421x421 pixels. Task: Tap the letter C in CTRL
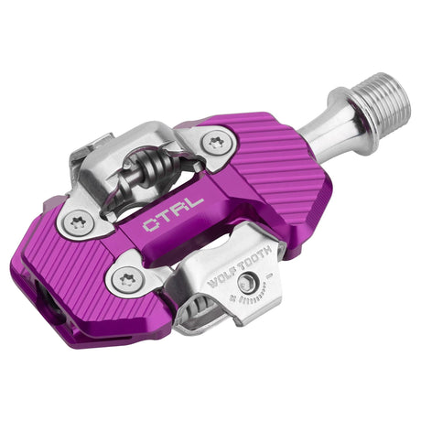coord(150,226)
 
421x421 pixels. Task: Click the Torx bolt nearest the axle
coord(216,142)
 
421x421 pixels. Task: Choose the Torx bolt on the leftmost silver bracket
coord(79,221)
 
